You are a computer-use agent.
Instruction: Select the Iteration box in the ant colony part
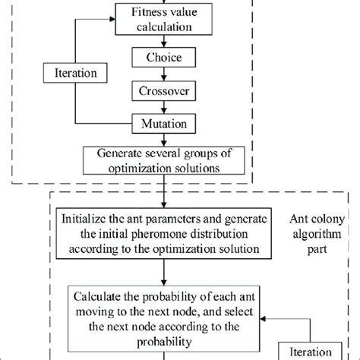(313, 351)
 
